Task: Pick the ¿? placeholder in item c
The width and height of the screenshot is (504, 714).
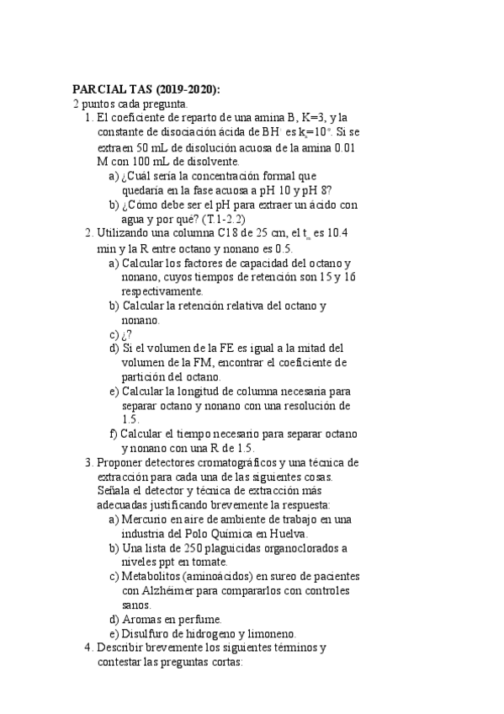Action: pos(127,334)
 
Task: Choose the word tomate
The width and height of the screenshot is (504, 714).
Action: pos(226,563)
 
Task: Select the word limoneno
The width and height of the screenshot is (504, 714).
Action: pos(270,635)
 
